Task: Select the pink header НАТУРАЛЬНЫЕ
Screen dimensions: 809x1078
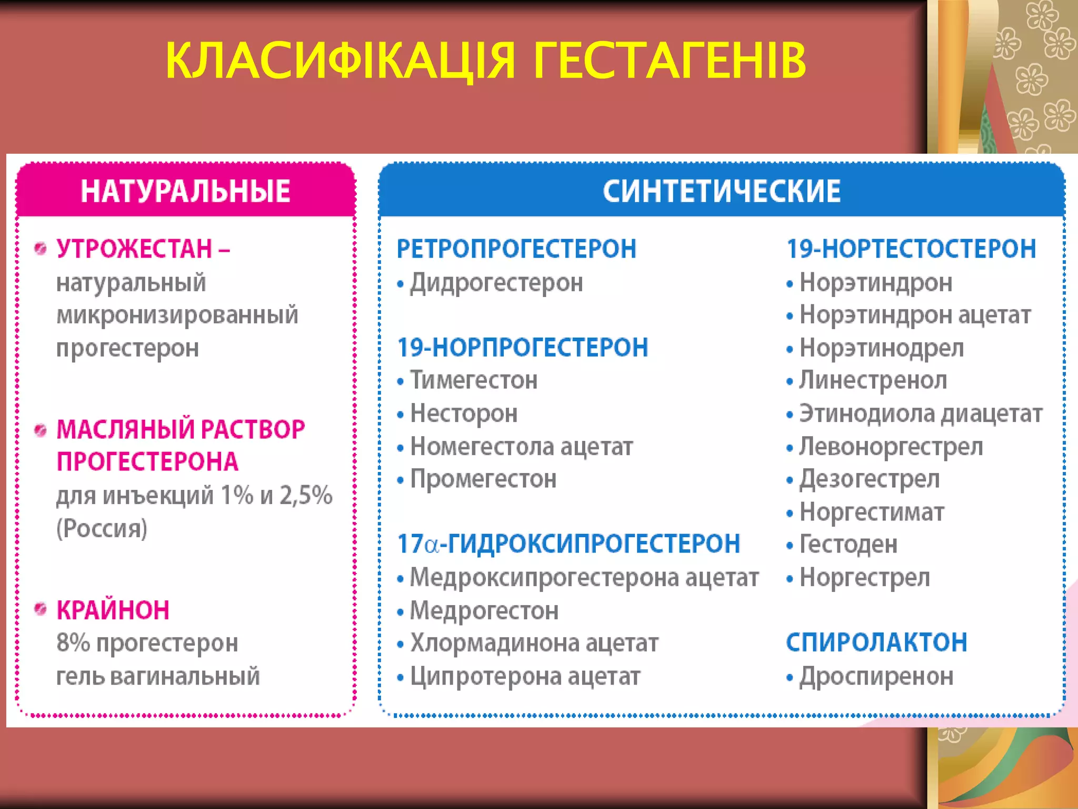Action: click(x=185, y=191)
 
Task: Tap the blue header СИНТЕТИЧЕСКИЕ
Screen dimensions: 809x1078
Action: click(x=722, y=191)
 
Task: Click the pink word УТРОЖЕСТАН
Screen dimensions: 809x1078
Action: click(x=134, y=249)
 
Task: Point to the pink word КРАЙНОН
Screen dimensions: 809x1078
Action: click(x=113, y=610)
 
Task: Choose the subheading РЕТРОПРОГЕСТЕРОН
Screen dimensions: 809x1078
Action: click(x=516, y=249)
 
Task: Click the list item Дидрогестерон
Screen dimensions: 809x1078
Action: click(x=496, y=283)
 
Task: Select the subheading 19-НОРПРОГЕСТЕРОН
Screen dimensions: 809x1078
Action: click(x=523, y=348)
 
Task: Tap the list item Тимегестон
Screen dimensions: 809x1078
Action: click(x=474, y=380)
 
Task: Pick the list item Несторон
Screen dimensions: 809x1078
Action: click(x=464, y=413)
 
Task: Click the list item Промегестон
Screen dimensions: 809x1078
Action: click(x=483, y=479)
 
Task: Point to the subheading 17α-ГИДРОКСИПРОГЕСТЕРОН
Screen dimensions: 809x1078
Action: click(x=568, y=544)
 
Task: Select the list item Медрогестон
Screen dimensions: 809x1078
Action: click(x=484, y=610)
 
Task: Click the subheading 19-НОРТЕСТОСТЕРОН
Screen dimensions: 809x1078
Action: click(x=911, y=249)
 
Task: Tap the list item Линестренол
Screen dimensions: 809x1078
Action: click(x=873, y=380)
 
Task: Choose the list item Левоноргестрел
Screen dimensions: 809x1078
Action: click(x=891, y=447)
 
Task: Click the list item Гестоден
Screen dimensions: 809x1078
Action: click(x=849, y=544)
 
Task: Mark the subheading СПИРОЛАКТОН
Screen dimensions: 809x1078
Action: click(x=876, y=643)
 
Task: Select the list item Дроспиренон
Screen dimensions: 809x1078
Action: click(x=876, y=676)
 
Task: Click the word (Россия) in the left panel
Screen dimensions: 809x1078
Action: click(x=102, y=528)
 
